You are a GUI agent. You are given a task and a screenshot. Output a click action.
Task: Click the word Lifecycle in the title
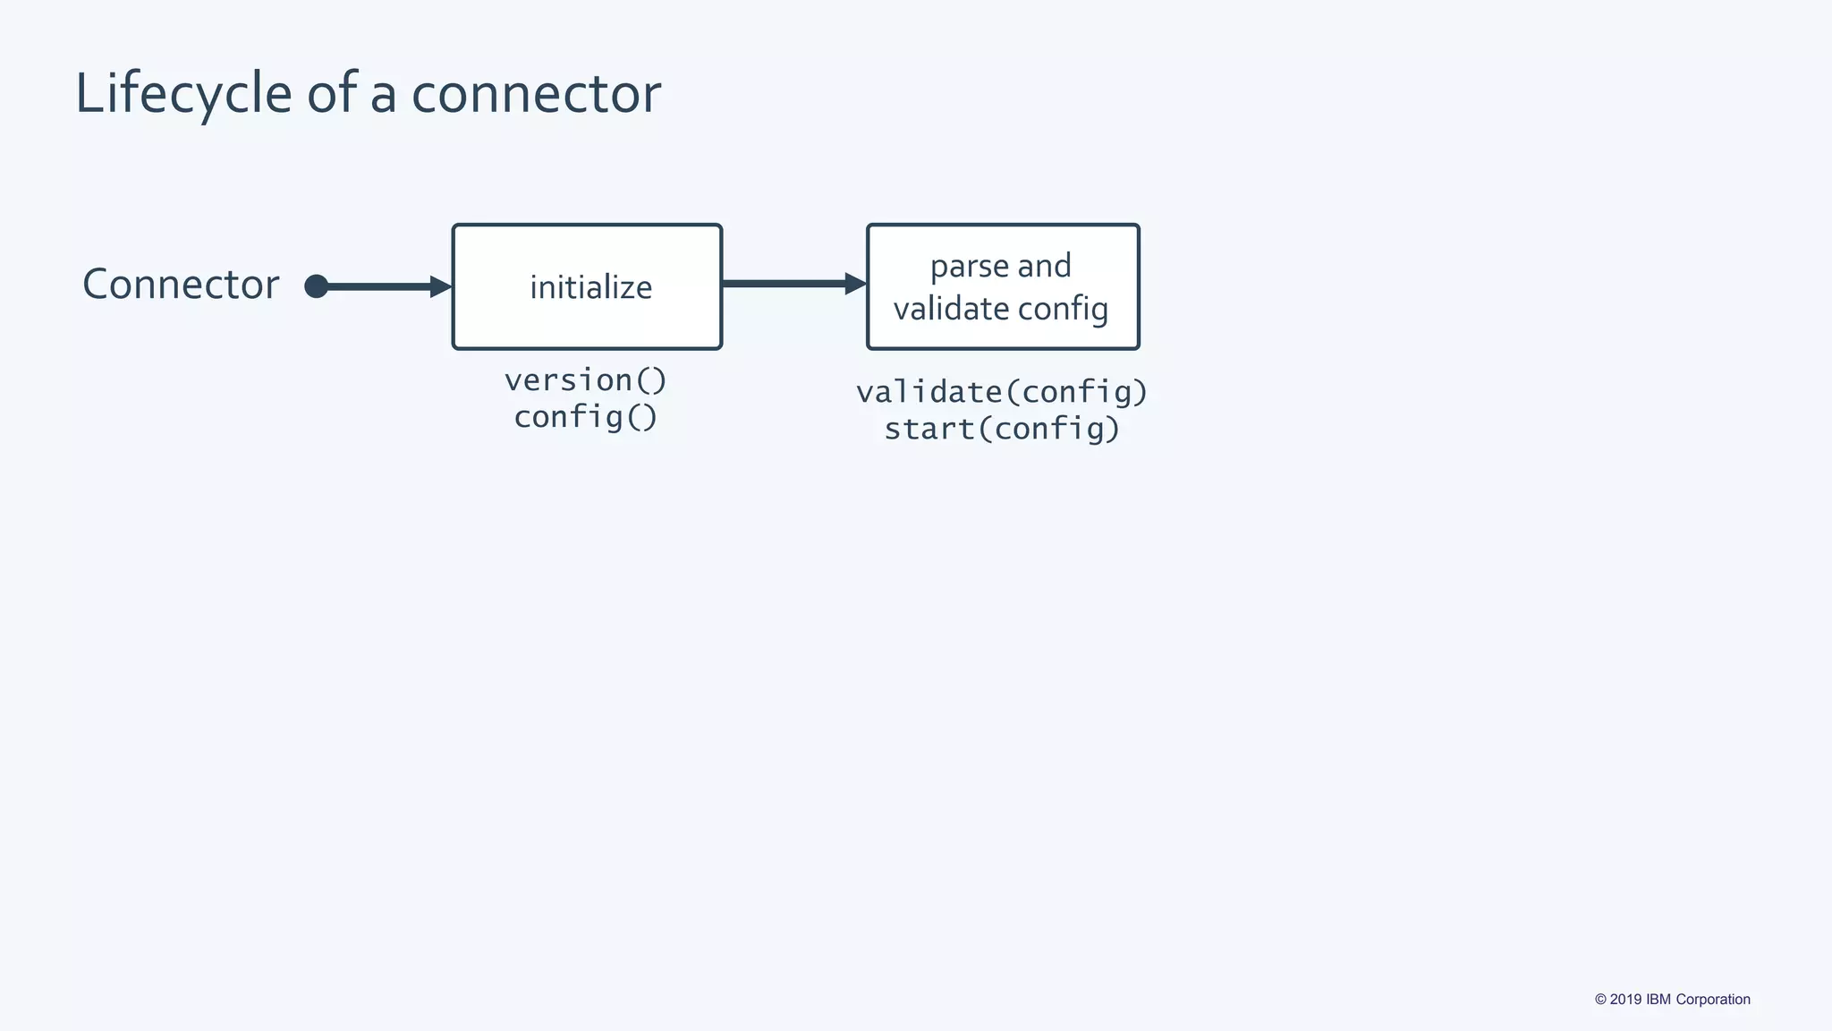click(183, 94)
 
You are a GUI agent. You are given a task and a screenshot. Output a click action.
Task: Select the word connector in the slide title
click(536, 94)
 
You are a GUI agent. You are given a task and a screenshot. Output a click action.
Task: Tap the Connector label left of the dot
click(181, 285)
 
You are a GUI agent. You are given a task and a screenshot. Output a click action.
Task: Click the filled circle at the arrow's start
click(316, 286)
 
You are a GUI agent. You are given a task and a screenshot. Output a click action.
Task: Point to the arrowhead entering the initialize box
click(441, 286)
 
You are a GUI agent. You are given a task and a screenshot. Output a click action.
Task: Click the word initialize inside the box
click(590, 287)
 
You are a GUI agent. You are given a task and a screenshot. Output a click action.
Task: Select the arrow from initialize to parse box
click(787, 284)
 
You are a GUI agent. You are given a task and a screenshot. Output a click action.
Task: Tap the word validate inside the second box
click(951, 309)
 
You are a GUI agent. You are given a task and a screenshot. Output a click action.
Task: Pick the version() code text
click(586, 380)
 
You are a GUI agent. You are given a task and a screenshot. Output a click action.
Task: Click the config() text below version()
click(586, 417)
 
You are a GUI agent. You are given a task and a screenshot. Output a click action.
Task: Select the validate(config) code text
click(1002, 392)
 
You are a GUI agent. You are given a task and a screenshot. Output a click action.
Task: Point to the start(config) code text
click(1002, 429)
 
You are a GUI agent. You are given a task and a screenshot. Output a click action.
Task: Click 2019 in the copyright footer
click(1625, 1000)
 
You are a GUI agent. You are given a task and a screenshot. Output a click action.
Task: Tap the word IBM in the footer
click(1658, 1000)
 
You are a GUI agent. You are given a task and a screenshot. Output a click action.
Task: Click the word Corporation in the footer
click(1713, 1000)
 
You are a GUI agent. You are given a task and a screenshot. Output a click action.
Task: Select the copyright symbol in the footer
click(1600, 1000)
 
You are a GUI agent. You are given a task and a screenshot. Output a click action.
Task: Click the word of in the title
click(332, 94)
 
